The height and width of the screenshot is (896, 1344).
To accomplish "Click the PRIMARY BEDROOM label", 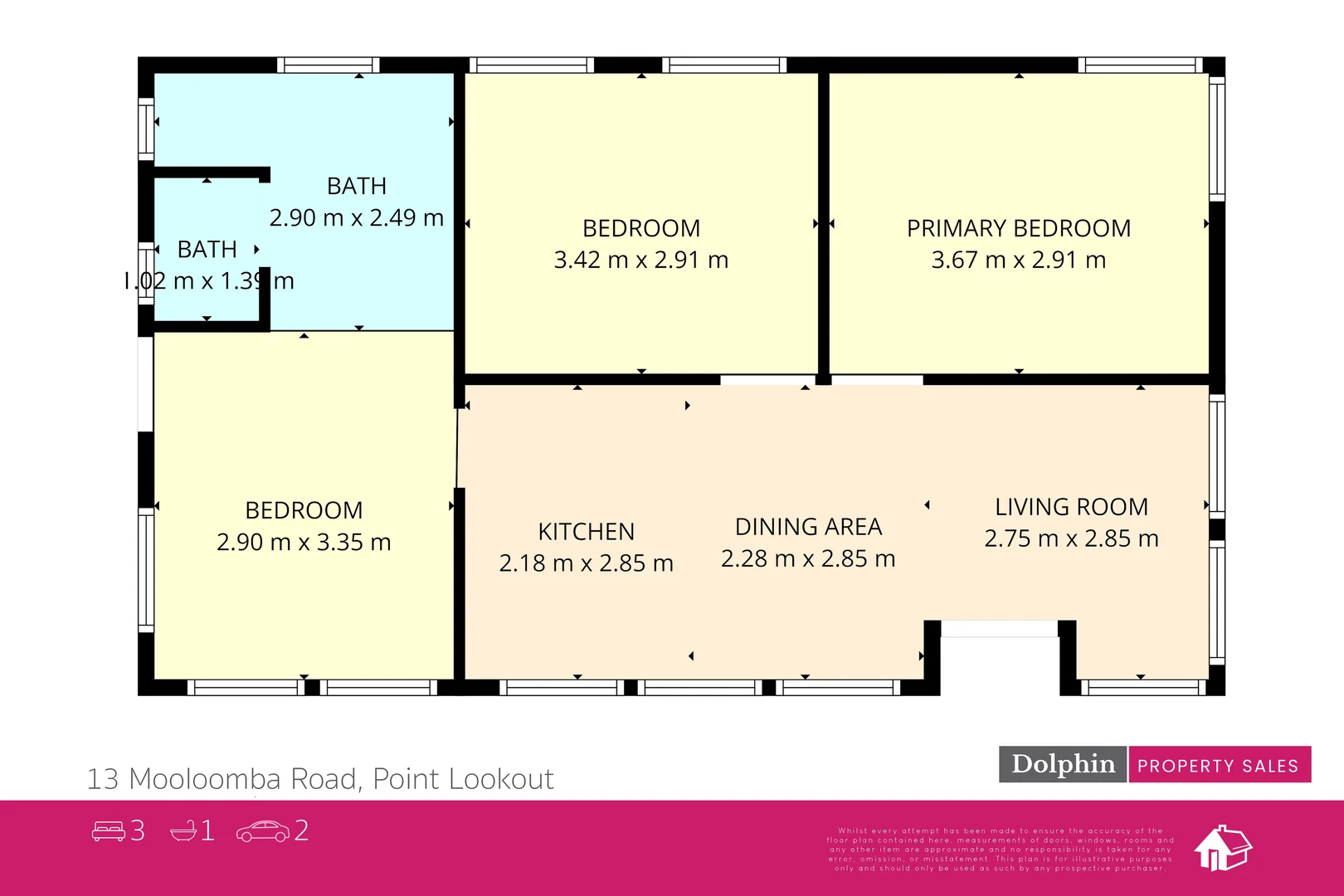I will click(x=1018, y=228).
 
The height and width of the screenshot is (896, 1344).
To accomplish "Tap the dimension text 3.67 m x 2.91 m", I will click(x=1018, y=260).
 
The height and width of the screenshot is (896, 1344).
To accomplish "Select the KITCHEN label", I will click(x=586, y=532).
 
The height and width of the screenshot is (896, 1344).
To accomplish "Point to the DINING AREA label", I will click(x=808, y=527).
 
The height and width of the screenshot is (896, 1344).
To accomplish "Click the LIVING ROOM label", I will click(x=1071, y=507).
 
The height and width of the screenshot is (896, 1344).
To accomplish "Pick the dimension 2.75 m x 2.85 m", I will click(x=1071, y=538).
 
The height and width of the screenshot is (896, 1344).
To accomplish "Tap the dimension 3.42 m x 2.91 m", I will click(x=640, y=260).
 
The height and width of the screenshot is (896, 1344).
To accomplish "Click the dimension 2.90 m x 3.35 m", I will click(x=304, y=542).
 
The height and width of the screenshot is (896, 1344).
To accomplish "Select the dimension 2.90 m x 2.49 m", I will click(x=356, y=217).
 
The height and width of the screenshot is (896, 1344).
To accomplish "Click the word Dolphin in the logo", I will click(x=1063, y=764).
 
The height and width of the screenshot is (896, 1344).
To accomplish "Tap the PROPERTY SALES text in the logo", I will click(x=1217, y=766).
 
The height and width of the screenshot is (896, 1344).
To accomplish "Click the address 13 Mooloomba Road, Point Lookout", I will click(x=320, y=779).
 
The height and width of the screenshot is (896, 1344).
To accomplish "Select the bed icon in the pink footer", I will click(x=108, y=830).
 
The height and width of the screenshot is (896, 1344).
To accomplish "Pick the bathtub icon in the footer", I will click(x=183, y=830).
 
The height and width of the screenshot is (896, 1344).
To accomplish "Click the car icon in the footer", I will click(x=262, y=830).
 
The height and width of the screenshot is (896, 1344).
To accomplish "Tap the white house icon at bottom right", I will click(x=1222, y=848).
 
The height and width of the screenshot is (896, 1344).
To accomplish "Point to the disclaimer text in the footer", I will click(x=1000, y=849).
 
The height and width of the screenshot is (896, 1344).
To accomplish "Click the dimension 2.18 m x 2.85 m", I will click(x=586, y=563).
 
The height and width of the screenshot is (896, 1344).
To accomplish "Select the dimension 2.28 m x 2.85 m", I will click(x=808, y=558).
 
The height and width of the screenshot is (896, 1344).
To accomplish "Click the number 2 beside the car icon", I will click(x=301, y=830).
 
